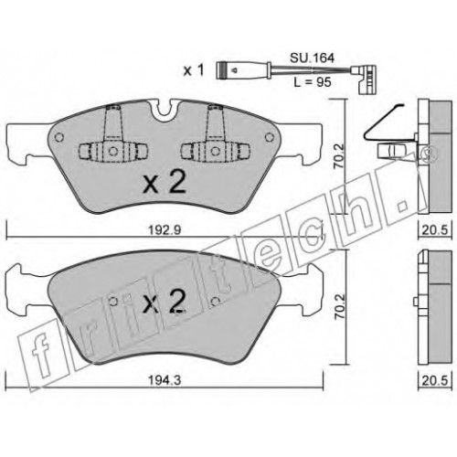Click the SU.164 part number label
pyautogui.click(x=312, y=58)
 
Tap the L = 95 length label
pyautogui.click(x=313, y=82)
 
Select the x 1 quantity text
pyautogui.click(x=194, y=70)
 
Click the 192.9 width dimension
pyautogui.click(x=165, y=230)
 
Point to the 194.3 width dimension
pyautogui.click(x=165, y=380)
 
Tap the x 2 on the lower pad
pyautogui.click(x=165, y=301)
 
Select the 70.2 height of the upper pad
pyautogui.click(x=339, y=156)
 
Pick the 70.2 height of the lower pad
pyautogui.click(x=340, y=306)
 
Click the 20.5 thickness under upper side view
pyautogui.click(x=435, y=230)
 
